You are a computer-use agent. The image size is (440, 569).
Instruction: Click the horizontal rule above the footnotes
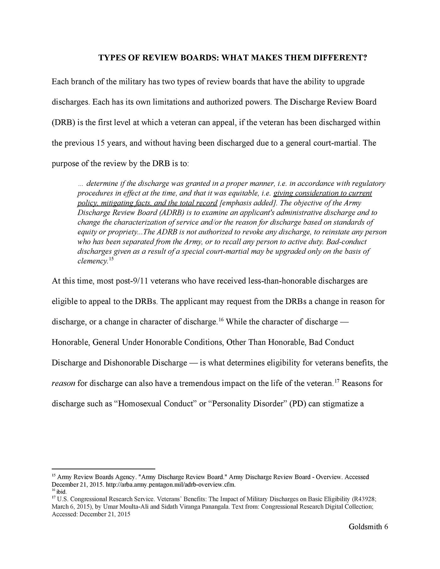tap(103, 468)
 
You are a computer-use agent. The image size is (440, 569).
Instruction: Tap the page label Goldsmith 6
tap(368, 527)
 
